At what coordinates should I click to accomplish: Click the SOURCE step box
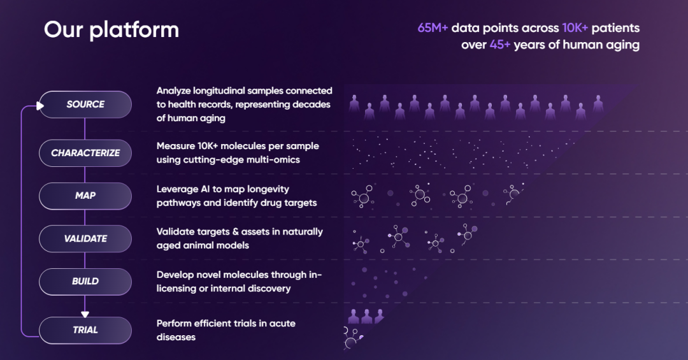tap(85, 104)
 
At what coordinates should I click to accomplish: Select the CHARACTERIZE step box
tap(85, 153)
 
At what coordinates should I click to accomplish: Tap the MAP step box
tap(85, 196)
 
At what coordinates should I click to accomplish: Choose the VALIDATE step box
tap(85, 238)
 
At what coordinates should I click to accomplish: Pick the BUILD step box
tap(85, 282)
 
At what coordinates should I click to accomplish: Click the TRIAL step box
tap(85, 330)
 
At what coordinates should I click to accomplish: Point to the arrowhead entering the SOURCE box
tap(40, 106)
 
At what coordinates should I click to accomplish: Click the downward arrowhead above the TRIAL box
tap(85, 314)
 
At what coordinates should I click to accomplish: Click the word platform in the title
tap(134, 31)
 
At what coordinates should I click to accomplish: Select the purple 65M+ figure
tap(433, 28)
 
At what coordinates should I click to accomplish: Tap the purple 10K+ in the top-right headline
tap(575, 28)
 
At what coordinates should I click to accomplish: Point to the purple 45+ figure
tap(500, 45)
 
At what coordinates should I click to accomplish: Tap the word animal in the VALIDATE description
tap(199, 245)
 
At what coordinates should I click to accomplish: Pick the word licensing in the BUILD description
tap(175, 289)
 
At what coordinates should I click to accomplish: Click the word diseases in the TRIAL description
tap(176, 337)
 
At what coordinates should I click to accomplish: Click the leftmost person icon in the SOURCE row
tap(354, 104)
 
